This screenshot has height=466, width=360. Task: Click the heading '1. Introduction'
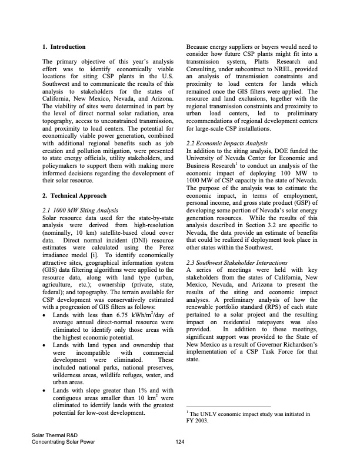(64, 46)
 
